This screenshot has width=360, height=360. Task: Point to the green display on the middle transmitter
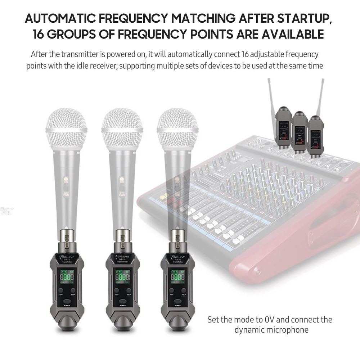point(122,276)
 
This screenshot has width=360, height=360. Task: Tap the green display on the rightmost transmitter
point(178,276)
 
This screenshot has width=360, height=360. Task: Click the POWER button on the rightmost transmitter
point(178,302)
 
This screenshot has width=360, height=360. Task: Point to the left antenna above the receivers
point(271,94)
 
